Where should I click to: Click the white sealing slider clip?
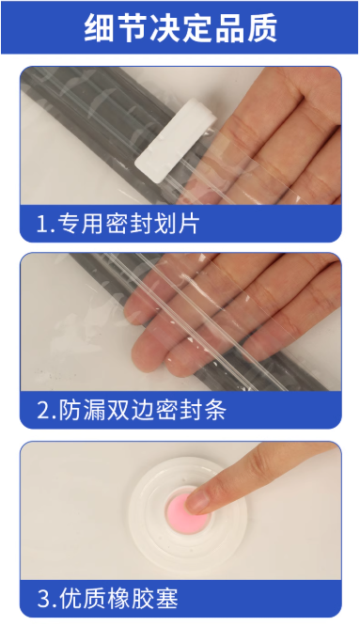pos(176,141)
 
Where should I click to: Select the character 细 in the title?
pos(99,28)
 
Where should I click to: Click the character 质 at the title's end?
pos(262,28)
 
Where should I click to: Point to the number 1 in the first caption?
pos(42,224)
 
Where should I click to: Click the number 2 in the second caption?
pos(43,410)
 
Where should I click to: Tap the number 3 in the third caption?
pos(43,598)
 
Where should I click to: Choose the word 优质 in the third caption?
pos(83,598)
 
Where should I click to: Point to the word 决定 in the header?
pos(180,28)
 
